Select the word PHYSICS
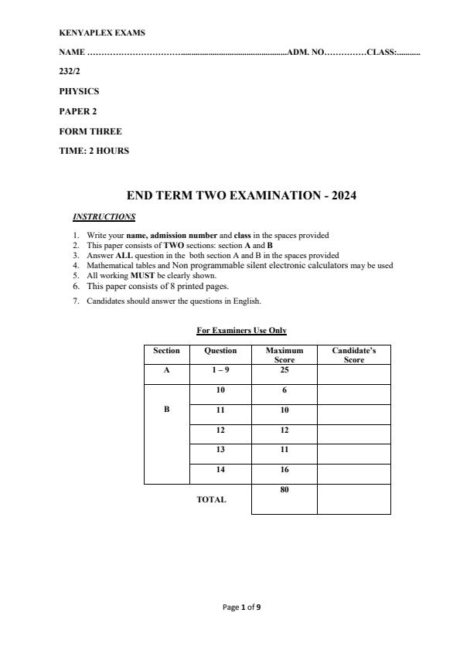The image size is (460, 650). click(79, 91)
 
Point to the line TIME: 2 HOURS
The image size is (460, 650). click(94, 151)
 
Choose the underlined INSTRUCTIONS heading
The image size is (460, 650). click(104, 216)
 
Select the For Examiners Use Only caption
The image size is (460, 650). click(241, 331)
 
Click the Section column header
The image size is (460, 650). click(166, 351)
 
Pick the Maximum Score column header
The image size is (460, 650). click(285, 355)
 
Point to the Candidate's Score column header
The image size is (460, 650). click(353, 355)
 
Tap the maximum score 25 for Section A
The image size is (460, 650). click(285, 371)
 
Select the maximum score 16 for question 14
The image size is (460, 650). click(285, 470)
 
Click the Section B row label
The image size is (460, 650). click(166, 410)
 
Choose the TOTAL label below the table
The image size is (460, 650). click(211, 500)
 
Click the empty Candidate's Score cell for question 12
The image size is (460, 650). click(353, 430)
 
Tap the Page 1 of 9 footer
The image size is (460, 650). click(241, 607)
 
